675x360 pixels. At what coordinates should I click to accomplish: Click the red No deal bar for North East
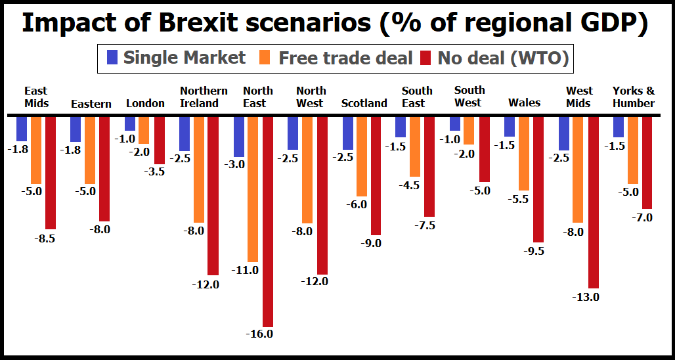(267, 221)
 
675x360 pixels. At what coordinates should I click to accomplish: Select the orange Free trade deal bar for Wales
(523, 154)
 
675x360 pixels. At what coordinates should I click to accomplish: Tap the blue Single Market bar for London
(130, 124)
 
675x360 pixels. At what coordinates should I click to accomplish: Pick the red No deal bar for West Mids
(594, 202)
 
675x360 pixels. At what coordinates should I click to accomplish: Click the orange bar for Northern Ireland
(198, 169)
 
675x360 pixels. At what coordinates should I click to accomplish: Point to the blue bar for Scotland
(348, 133)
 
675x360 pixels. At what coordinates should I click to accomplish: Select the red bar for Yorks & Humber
(647, 163)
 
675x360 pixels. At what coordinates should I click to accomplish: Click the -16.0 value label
(259, 334)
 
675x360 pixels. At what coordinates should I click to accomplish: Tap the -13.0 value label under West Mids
(586, 297)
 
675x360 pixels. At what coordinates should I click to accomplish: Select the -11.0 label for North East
(246, 270)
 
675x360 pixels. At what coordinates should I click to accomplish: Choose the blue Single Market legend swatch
(112, 58)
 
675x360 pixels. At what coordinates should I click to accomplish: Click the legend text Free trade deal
(345, 58)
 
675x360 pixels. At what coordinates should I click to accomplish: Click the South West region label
(469, 96)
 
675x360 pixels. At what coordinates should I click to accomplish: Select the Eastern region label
(91, 104)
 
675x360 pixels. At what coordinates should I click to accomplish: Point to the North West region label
(309, 97)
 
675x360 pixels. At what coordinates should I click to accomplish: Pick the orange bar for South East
(415, 146)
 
